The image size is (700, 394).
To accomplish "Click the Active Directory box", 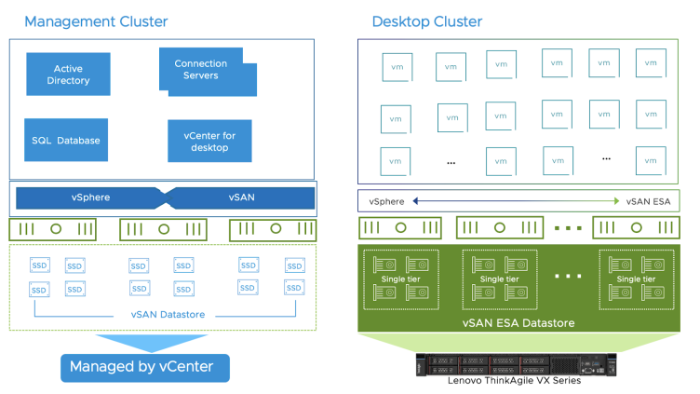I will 72,75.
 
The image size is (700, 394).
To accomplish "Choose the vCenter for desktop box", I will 211,142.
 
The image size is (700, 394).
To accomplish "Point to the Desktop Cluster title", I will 426,20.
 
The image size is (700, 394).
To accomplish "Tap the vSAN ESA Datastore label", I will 518,322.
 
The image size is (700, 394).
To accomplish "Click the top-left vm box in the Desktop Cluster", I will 396,66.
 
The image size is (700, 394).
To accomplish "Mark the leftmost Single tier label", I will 399,279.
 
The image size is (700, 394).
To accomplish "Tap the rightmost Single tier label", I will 636,279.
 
